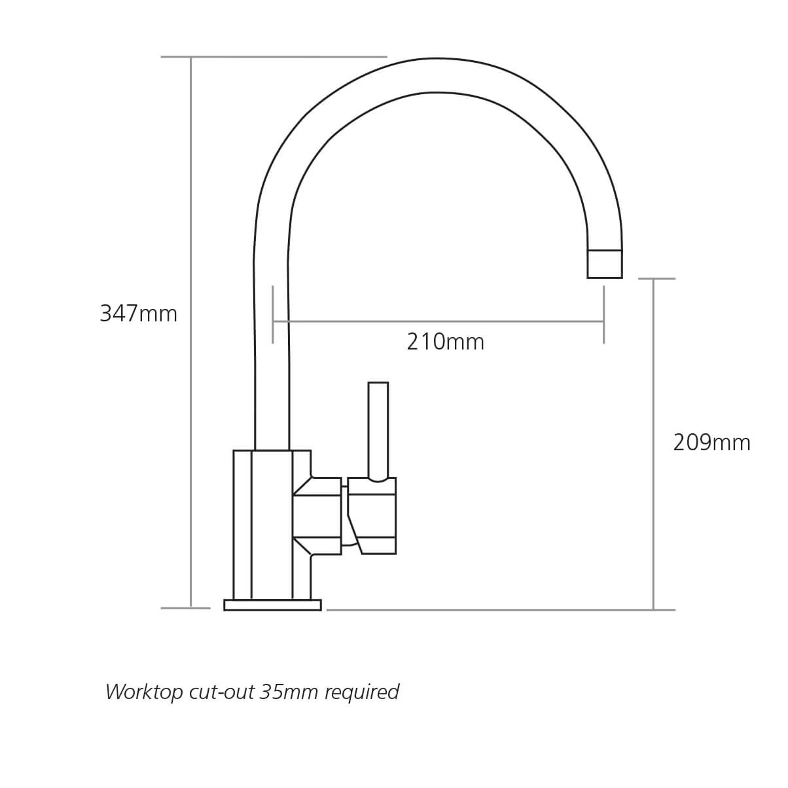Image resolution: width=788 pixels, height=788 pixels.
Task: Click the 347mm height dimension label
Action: [x=138, y=314]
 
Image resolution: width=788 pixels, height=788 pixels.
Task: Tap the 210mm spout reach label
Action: [x=445, y=342]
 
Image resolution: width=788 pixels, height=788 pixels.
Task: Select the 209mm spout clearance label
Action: [x=711, y=443]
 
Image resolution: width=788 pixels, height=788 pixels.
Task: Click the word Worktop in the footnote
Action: [x=145, y=692]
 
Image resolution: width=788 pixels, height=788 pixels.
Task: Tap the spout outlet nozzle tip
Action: [x=604, y=264]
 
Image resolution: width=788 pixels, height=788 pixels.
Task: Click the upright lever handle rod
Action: [x=378, y=429]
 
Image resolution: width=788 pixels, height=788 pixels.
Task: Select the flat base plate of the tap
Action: [x=272, y=605]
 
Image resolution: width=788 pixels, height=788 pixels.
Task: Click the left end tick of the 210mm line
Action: [x=273, y=314]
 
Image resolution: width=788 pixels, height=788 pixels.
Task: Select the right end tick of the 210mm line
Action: [x=603, y=314]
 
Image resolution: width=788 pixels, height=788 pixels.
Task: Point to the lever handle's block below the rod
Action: [x=372, y=517]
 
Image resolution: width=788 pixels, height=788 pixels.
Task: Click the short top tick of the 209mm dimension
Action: [x=656, y=279]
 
